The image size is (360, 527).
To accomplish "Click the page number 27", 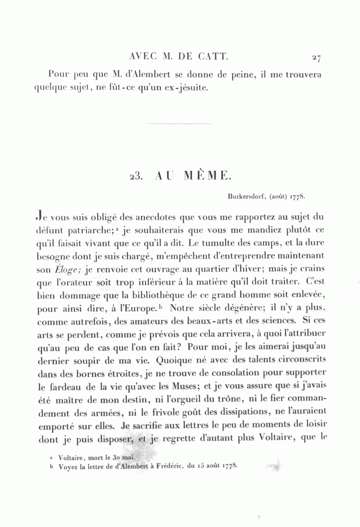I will [316, 58].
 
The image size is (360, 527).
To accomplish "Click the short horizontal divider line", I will [179, 124].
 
